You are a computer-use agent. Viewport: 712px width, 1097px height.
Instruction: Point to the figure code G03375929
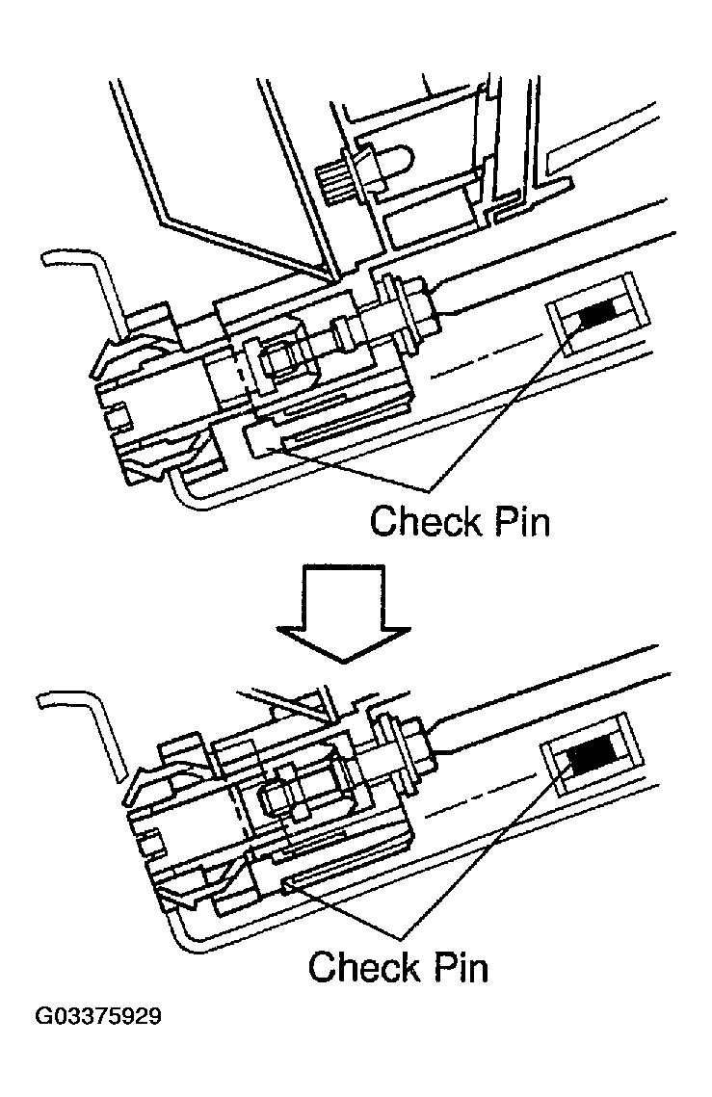[x=99, y=1017]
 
